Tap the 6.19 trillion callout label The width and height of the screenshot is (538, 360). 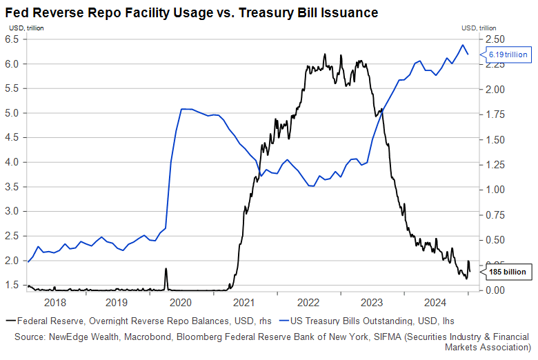[x=508, y=54]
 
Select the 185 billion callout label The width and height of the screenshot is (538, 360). [x=508, y=272]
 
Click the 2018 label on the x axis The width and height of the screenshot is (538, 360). [x=54, y=302]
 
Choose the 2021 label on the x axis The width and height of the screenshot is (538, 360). [x=245, y=302]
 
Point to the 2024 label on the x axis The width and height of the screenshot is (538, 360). [x=435, y=302]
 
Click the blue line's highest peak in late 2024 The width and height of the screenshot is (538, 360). [x=461, y=45]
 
